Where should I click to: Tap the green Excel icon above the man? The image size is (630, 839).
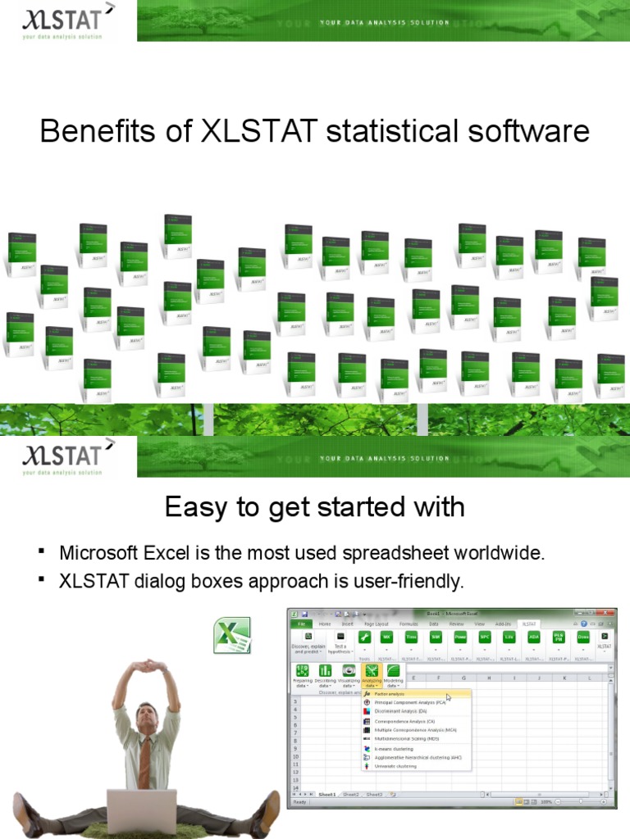pos(232,637)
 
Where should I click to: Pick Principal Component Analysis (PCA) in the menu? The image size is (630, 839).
pos(409,703)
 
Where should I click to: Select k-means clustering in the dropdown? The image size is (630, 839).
pos(394,749)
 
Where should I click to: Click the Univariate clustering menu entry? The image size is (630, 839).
pos(395,766)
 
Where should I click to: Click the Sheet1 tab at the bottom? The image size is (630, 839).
pos(327,794)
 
